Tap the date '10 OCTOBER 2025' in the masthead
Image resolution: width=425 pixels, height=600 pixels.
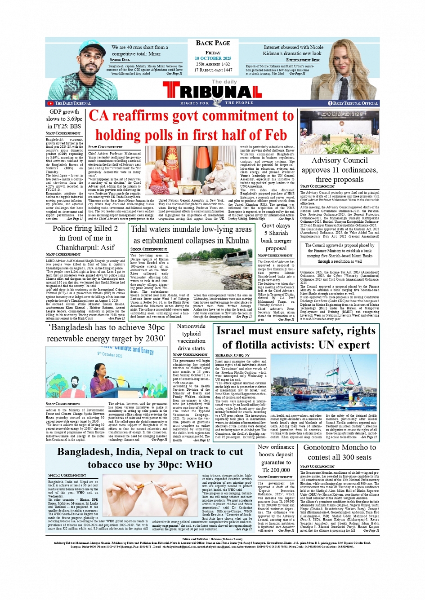point(213,58)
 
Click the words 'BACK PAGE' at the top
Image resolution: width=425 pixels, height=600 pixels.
point(213,43)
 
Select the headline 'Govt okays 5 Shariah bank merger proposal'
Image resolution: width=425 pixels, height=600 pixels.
point(276,237)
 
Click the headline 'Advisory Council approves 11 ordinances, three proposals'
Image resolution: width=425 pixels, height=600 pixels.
point(340,170)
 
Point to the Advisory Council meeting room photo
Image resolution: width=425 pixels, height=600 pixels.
point(340,132)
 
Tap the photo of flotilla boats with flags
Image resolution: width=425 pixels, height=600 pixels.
point(324,384)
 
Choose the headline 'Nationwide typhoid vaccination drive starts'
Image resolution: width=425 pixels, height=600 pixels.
point(191,337)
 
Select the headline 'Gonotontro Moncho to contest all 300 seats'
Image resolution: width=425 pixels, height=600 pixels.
point(340,452)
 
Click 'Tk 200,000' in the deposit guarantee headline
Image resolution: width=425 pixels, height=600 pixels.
point(276,470)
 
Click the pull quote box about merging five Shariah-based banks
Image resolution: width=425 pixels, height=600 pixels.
point(340,253)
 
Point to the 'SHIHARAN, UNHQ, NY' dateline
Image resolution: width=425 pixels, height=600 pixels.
point(233,355)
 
